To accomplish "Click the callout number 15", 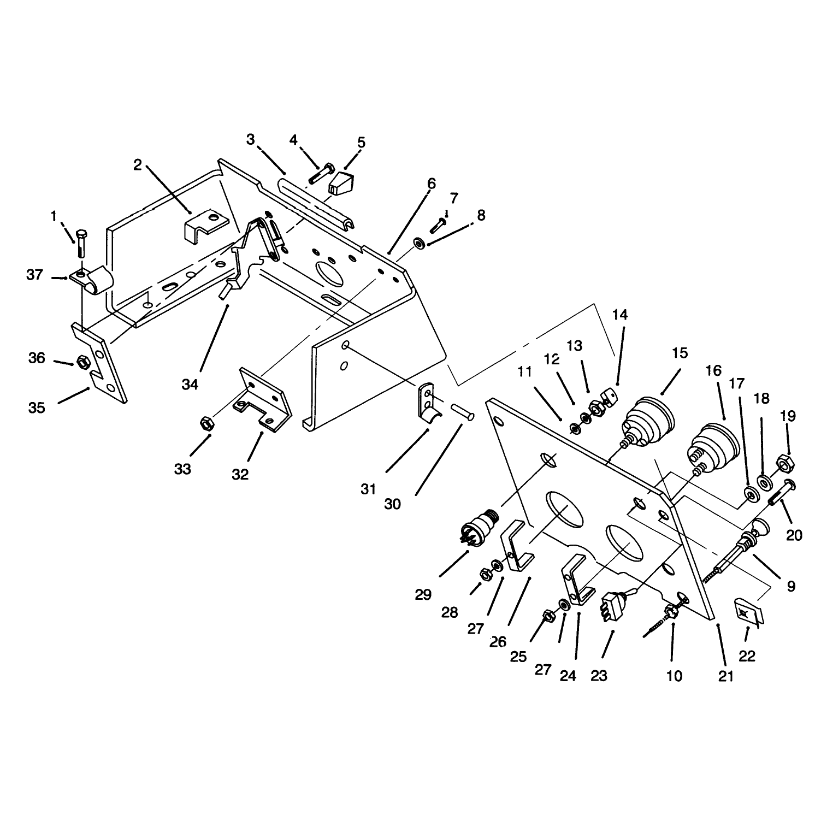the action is tap(680, 353).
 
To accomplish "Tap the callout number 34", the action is tap(190, 385).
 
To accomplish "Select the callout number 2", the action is tap(138, 164).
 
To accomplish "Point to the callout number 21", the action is tap(725, 676).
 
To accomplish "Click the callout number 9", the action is tap(792, 587).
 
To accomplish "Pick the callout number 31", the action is tap(369, 489).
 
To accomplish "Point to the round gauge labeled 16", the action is tap(713, 447).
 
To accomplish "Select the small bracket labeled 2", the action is tap(205, 225).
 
